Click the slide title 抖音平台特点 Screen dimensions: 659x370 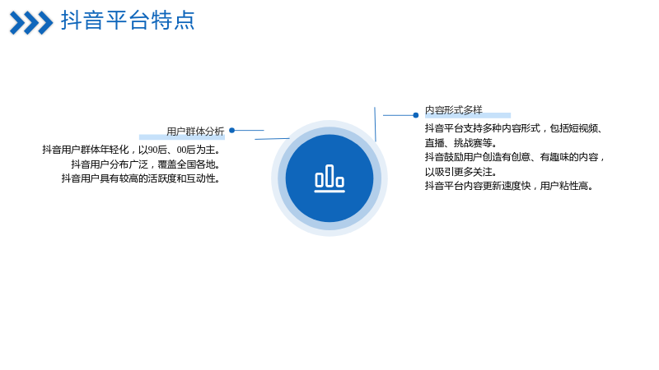[x=128, y=20]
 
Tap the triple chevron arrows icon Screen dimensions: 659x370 [x=31, y=23]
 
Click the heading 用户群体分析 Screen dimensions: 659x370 [x=195, y=132]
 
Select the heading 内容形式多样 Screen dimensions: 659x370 [x=454, y=110]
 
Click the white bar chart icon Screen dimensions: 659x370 [x=329, y=178]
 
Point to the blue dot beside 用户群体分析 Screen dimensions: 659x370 [x=231, y=131]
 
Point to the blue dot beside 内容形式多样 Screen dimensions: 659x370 [x=416, y=115]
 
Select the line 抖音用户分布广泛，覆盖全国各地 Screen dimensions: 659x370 [x=146, y=164]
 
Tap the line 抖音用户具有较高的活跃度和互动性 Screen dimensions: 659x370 [x=141, y=178]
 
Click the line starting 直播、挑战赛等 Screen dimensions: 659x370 [x=461, y=142]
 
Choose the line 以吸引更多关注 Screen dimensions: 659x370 [x=461, y=172]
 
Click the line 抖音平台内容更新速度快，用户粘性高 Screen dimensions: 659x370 [x=509, y=186]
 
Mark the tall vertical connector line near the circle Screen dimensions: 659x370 [x=375, y=124]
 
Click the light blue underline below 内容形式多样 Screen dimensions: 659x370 [x=468, y=115]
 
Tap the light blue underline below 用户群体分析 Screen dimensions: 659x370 [x=182, y=136]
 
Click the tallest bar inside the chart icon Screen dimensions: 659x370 [x=329, y=176]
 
